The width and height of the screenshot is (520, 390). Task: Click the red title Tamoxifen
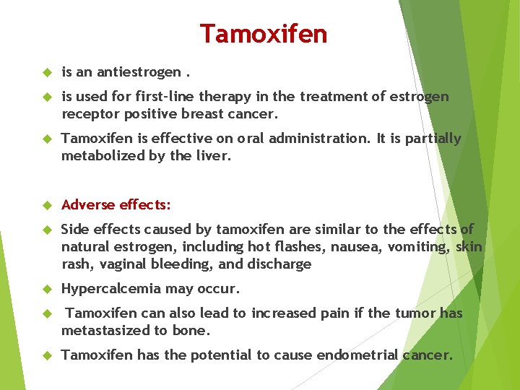pos(263,34)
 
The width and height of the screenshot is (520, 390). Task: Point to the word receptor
pos(88,114)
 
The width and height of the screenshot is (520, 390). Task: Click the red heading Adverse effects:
pos(116,205)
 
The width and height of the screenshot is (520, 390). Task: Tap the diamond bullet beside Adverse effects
pos(48,206)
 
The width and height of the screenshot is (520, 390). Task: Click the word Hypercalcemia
pos(111,289)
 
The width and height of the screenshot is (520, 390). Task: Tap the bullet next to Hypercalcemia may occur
pos(48,290)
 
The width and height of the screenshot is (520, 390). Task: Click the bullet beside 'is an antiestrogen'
pos(48,73)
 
